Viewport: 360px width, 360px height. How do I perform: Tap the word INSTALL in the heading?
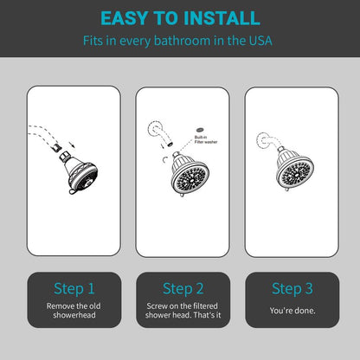pos(222,18)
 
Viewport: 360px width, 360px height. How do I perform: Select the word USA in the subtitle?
pos(260,41)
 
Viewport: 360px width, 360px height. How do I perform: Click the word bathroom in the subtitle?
pos(182,41)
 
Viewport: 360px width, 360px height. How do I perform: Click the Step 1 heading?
pos(74,288)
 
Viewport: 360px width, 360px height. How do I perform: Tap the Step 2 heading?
pos(183,288)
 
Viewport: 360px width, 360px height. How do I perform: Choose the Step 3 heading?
pos(292,288)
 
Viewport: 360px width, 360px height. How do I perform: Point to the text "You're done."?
pos(292,311)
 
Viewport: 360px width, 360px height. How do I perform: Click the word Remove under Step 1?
pos(59,306)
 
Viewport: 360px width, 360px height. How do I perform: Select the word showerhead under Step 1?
pos(74,315)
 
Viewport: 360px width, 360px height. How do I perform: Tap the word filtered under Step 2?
pos(205,306)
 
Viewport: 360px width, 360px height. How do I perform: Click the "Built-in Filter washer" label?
pos(206,139)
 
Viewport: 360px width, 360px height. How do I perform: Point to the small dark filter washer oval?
pos(200,129)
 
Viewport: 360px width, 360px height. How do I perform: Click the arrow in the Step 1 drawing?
pos(72,145)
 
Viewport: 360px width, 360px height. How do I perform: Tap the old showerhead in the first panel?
pos(79,172)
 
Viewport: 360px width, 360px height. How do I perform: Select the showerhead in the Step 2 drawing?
pos(190,174)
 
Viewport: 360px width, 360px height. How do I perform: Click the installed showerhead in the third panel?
pos(294,169)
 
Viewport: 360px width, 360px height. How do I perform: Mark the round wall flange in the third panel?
pos(263,141)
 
